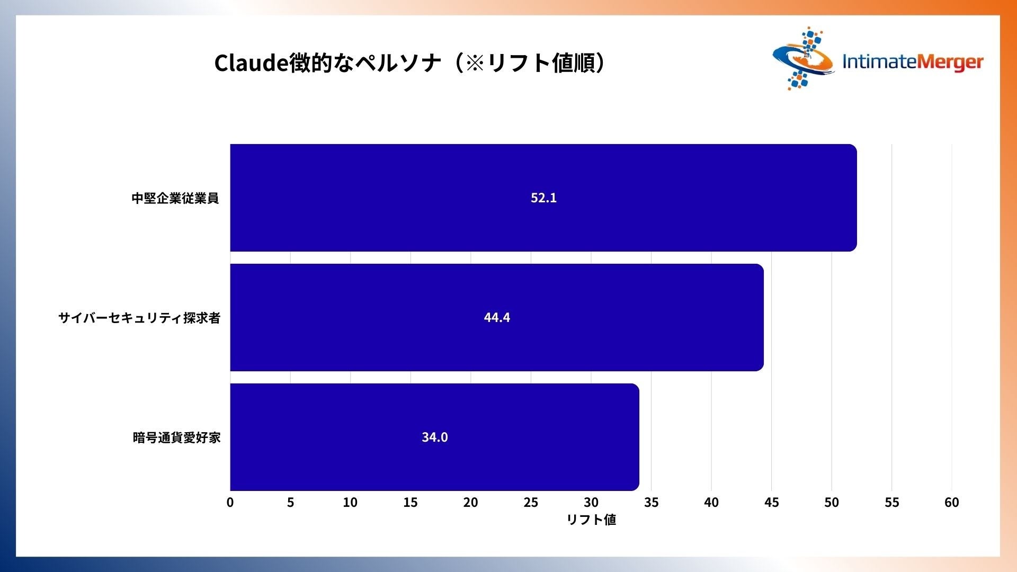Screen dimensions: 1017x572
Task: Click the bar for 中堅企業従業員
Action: click(543, 198)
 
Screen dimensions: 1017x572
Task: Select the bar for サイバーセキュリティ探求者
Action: click(497, 317)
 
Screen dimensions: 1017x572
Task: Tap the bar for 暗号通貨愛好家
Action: click(434, 437)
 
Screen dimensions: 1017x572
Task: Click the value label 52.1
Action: click(543, 198)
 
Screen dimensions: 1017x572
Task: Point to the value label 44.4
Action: click(497, 317)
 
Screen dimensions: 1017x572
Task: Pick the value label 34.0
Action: click(434, 437)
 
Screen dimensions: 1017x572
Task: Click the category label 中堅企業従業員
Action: click(175, 198)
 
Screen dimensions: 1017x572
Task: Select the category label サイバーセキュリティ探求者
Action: click(139, 318)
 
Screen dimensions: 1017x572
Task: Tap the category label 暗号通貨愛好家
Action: click(176, 437)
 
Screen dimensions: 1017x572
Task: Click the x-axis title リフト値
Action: click(591, 520)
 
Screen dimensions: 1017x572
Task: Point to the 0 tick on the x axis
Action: click(230, 502)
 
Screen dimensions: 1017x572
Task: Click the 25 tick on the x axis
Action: click(531, 502)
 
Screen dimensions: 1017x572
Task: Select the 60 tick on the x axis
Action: click(952, 502)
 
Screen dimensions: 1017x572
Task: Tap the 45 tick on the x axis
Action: click(771, 502)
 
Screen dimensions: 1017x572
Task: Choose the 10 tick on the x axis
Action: click(350, 502)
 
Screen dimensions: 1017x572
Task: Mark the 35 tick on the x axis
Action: click(651, 502)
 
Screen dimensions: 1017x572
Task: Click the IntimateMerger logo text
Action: click(913, 62)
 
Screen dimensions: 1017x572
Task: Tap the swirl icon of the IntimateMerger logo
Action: click(803, 58)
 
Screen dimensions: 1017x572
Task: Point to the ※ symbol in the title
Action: click(475, 63)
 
